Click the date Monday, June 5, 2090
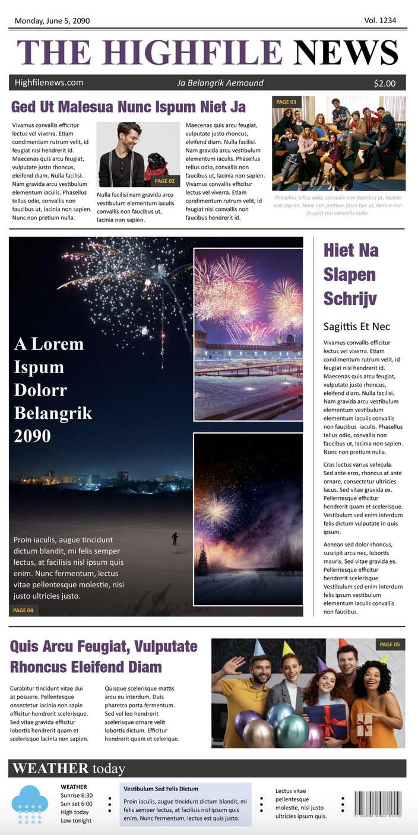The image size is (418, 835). pyautogui.click(x=52, y=21)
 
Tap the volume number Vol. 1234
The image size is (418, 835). pyautogui.click(x=379, y=20)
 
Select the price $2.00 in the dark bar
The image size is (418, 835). pyautogui.click(x=384, y=83)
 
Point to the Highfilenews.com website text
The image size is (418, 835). pyautogui.click(x=49, y=83)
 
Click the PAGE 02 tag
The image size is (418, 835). pyautogui.click(x=164, y=181)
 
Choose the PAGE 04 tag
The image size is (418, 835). pyautogui.click(x=23, y=610)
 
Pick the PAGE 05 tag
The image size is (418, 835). pyautogui.click(x=390, y=644)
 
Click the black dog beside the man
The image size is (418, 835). pyautogui.click(x=157, y=166)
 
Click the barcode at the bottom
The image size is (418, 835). pyautogui.click(x=378, y=804)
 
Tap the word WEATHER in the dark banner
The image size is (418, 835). pyautogui.click(x=50, y=768)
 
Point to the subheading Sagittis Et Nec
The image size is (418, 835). pyautogui.click(x=357, y=326)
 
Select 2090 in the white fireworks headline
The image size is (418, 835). pyautogui.click(x=32, y=437)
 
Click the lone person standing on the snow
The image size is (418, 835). pyautogui.click(x=175, y=538)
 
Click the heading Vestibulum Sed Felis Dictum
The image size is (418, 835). pyautogui.click(x=161, y=789)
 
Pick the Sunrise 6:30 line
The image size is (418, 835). pyautogui.click(x=77, y=795)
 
